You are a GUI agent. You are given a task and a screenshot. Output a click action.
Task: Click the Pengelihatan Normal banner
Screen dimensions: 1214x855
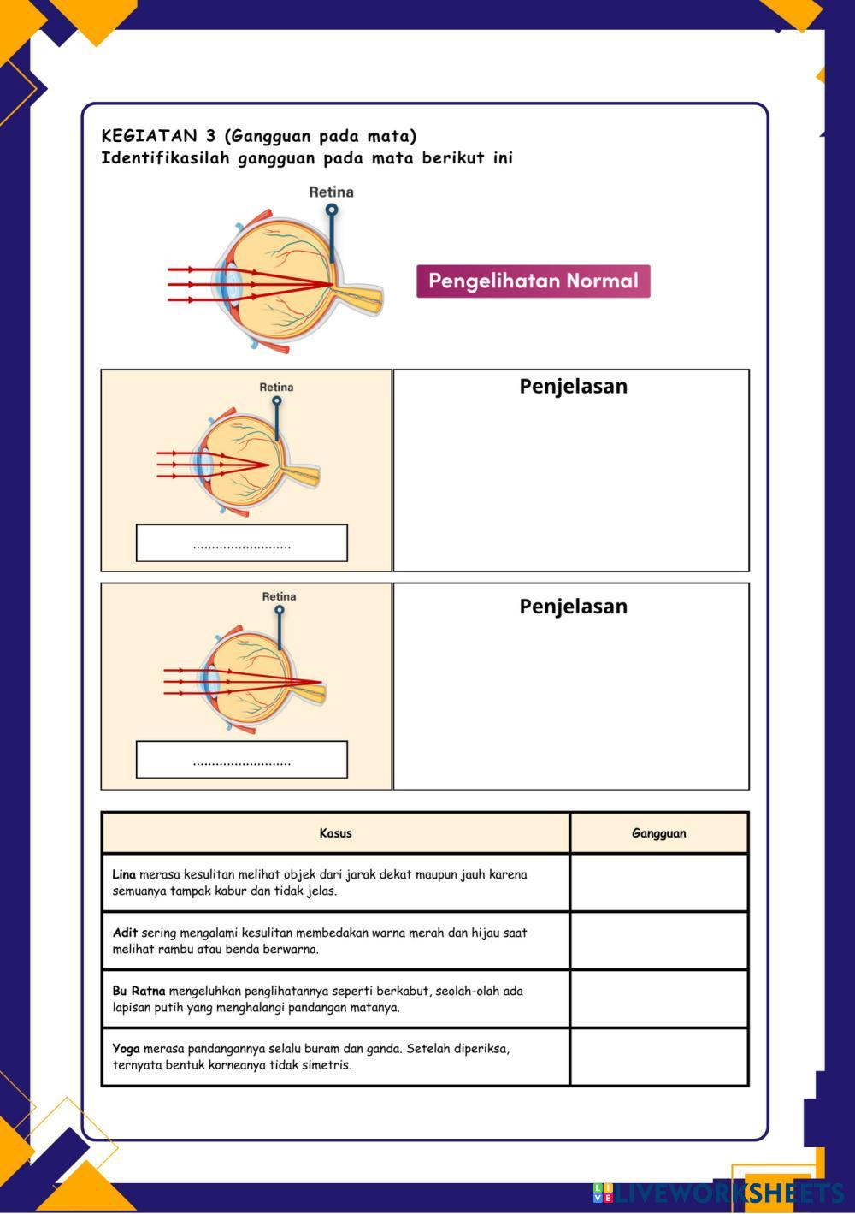[x=533, y=281]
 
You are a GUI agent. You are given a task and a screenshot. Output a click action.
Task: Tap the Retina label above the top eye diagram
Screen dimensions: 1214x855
[x=331, y=192]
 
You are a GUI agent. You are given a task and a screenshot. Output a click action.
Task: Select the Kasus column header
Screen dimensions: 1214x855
[x=335, y=833]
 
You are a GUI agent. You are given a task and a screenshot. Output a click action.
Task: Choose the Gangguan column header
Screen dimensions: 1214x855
[x=658, y=833]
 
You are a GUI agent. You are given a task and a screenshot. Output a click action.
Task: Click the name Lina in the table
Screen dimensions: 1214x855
[x=124, y=874]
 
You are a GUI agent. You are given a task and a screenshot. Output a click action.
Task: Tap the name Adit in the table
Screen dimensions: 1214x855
[x=125, y=933]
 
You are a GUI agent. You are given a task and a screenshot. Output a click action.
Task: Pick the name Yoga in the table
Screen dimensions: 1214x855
[x=126, y=1049]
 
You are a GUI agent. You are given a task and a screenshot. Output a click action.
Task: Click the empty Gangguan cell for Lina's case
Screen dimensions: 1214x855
[x=658, y=882]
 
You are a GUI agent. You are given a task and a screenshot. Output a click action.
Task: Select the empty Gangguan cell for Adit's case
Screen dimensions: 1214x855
[x=658, y=940]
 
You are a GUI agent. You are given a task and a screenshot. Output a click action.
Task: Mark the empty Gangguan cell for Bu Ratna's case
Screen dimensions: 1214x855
[x=658, y=998]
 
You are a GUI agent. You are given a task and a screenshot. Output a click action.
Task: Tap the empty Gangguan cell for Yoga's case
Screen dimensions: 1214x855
[x=658, y=1057]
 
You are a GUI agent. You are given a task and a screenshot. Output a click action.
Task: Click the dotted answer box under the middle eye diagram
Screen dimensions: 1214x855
[x=242, y=543]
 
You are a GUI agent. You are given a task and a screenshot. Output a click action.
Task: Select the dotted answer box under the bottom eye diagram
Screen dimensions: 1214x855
[x=242, y=760]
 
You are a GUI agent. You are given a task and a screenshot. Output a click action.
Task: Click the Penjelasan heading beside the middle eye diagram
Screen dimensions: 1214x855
[x=573, y=387]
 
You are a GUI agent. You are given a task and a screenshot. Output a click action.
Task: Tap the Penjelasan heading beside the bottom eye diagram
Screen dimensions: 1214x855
[x=573, y=607]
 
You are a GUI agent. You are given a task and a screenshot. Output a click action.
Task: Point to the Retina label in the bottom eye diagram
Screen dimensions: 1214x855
[x=279, y=597]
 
